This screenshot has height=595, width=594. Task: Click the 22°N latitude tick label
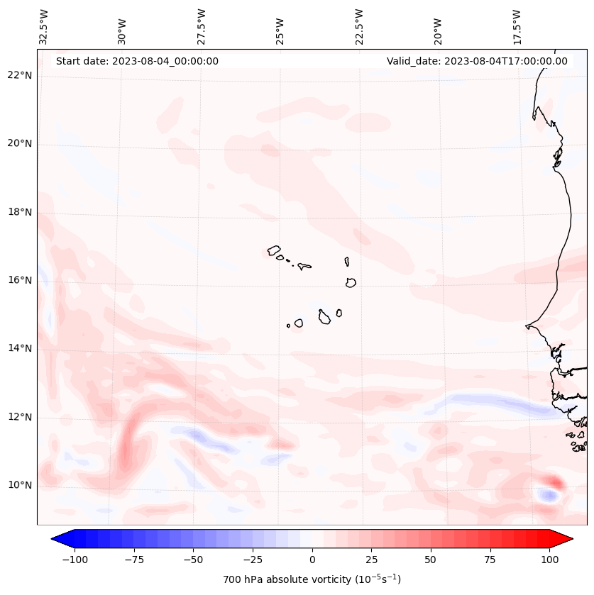(x=19, y=75)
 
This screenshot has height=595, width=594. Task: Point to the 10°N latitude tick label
(x=19, y=485)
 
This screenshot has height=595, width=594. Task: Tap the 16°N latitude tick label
(x=19, y=280)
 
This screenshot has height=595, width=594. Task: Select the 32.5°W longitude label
(x=44, y=27)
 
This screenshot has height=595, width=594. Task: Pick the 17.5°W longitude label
(x=517, y=27)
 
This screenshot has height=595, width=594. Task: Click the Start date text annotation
(x=137, y=61)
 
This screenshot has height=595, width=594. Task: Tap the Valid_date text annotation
(x=477, y=61)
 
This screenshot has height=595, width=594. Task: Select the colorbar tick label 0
(x=312, y=559)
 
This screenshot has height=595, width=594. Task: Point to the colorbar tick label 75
(x=490, y=559)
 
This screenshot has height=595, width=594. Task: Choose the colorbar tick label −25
(x=253, y=559)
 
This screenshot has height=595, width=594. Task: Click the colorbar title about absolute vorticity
(x=312, y=579)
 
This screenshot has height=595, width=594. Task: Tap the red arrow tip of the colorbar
(x=566, y=539)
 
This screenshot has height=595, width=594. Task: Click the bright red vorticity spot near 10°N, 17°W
(x=554, y=482)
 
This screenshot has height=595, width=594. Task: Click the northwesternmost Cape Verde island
(x=274, y=250)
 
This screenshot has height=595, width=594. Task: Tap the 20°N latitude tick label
(x=19, y=143)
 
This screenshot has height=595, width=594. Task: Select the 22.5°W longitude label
(x=359, y=27)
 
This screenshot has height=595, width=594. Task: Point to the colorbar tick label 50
(x=430, y=559)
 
